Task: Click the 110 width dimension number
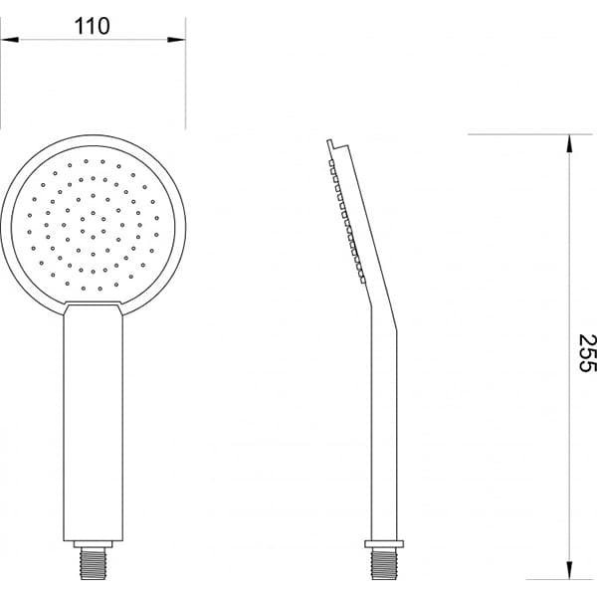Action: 93,26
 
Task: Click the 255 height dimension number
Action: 587,353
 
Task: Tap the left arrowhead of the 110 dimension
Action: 10,39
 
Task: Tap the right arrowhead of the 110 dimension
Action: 176,39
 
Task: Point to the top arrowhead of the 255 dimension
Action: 569,143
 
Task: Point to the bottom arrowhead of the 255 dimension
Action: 569,570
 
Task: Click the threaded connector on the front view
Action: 93,563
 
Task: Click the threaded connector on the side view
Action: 384,563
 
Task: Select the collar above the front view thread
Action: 93,544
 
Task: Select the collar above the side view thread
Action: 384,544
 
